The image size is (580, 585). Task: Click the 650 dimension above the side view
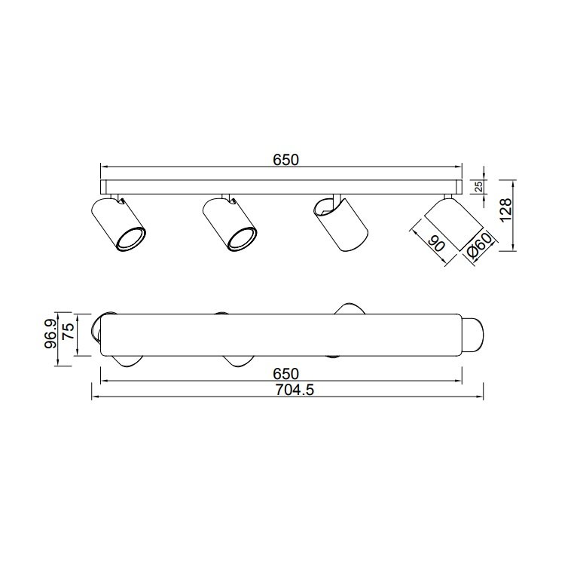[x=286, y=160]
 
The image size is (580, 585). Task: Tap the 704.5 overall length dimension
[x=295, y=390]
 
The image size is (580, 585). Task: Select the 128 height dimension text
[x=506, y=210]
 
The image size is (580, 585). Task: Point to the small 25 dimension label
[x=480, y=186]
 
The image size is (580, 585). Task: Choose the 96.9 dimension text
[x=50, y=334]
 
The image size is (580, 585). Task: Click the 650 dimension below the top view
[x=286, y=373]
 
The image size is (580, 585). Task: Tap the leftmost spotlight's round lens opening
[x=130, y=239]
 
